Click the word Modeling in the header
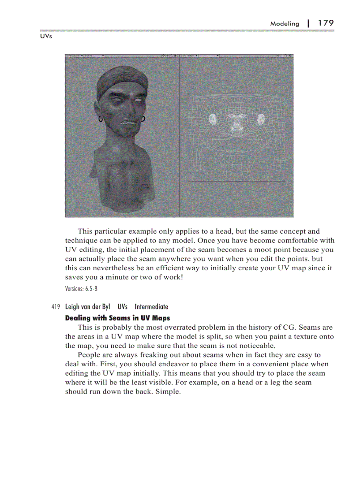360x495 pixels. coord(285,24)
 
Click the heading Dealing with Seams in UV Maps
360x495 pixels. coord(117,318)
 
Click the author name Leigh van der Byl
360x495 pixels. coord(87,307)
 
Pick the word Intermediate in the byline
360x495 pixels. coord(151,307)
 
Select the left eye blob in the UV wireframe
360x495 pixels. coord(213,118)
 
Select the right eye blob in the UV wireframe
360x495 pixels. coord(261,118)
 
